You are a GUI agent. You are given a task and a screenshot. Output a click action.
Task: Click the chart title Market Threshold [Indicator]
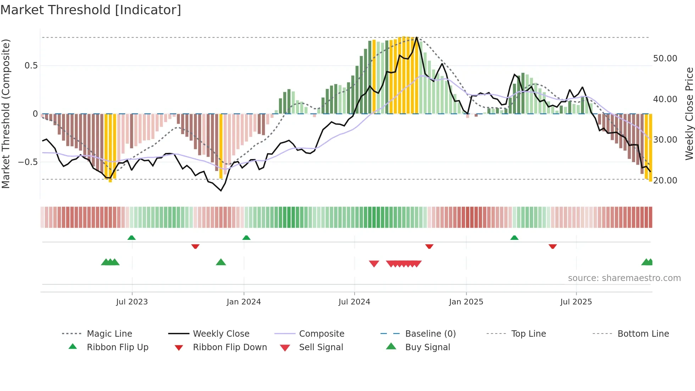pos(91,10)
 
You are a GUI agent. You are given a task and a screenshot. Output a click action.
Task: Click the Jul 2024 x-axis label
pos(354,302)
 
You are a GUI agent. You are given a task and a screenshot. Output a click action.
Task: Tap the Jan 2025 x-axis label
pos(466,302)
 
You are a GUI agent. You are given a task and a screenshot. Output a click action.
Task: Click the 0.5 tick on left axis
pos(31,66)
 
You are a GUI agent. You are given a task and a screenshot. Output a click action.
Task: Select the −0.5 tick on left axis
pos(28,162)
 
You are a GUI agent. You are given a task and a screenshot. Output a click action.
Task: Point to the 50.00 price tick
pos(665,59)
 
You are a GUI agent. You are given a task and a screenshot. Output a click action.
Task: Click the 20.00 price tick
pos(665,181)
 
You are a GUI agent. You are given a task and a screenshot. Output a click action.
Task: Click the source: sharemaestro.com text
pos(624,278)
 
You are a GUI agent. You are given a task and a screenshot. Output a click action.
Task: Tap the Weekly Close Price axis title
pos(689,114)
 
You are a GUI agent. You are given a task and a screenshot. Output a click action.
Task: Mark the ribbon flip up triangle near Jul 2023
pos(132,238)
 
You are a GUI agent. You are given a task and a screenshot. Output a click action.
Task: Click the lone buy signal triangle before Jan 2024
pos(221,262)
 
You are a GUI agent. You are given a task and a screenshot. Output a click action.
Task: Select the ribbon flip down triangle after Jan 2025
pos(552,246)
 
